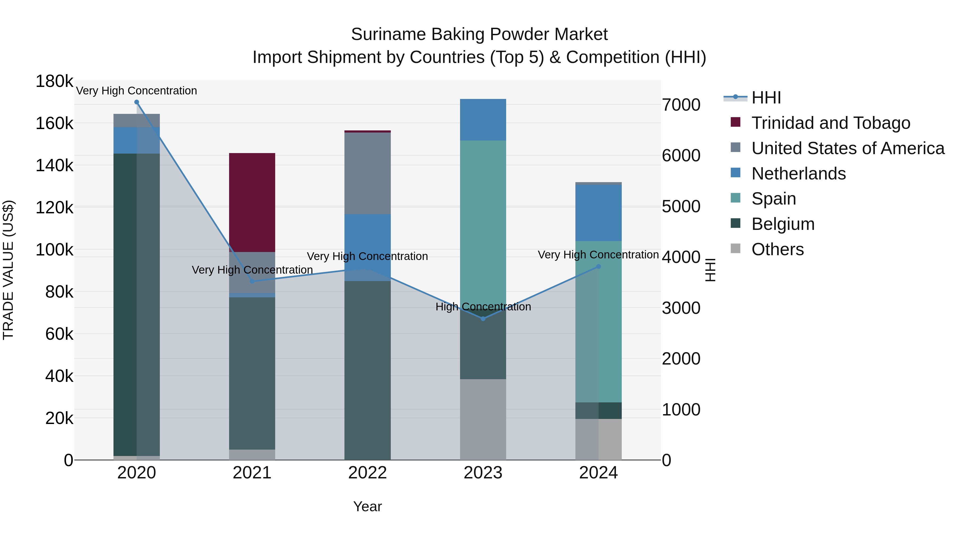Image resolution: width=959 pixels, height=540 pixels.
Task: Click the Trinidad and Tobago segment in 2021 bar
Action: (252, 202)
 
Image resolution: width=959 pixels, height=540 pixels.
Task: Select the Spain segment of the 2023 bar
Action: (483, 224)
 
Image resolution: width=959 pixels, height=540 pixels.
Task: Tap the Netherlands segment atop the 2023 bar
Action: (483, 120)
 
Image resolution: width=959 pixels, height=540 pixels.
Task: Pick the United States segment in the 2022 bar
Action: (367, 173)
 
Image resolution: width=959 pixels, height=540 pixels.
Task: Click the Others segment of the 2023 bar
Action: (483, 419)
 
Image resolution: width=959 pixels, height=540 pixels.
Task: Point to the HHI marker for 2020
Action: (137, 102)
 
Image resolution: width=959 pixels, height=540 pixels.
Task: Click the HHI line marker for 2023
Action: (483, 319)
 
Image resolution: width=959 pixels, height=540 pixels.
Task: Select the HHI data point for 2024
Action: (598, 266)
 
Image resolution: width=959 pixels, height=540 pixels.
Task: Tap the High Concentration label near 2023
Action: (483, 307)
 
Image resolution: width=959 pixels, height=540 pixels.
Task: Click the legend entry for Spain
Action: (774, 199)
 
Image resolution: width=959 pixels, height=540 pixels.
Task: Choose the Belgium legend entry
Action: (783, 224)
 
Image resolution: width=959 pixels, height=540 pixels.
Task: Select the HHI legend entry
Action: (766, 98)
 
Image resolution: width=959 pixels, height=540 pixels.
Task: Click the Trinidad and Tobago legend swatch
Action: (735, 122)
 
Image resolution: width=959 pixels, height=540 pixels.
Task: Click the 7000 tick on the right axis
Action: (681, 105)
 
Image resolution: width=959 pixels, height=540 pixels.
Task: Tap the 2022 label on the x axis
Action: (367, 473)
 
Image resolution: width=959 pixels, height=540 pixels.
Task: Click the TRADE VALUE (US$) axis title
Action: (8, 270)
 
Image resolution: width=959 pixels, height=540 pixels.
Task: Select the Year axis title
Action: (367, 506)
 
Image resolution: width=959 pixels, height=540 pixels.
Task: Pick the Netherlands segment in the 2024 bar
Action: (598, 213)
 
